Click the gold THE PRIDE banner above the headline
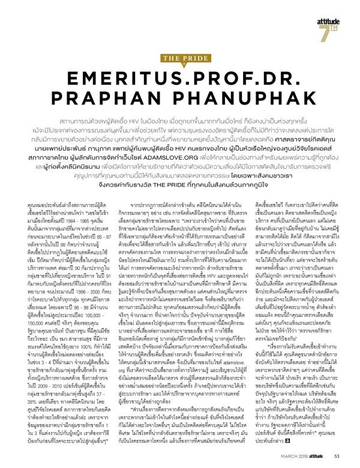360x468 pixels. (180, 58)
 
